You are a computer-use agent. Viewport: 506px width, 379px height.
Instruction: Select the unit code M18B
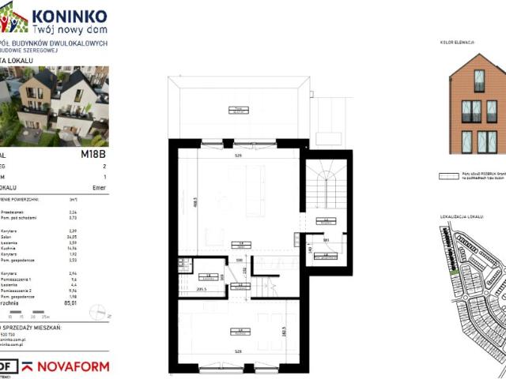[93, 155]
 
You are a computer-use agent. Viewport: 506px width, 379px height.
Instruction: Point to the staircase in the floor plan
[325, 189]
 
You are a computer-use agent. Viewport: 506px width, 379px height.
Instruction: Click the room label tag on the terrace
[235, 109]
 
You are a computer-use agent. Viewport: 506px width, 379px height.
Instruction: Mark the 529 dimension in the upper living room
[237, 156]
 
